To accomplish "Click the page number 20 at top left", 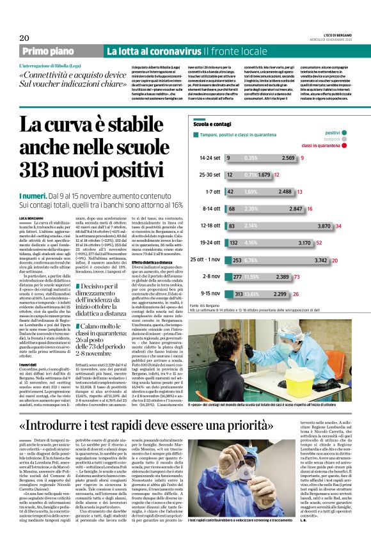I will click(24, 37).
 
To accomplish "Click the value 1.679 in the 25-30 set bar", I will click(264, 174).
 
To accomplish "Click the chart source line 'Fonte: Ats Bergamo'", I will click(209, 307).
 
